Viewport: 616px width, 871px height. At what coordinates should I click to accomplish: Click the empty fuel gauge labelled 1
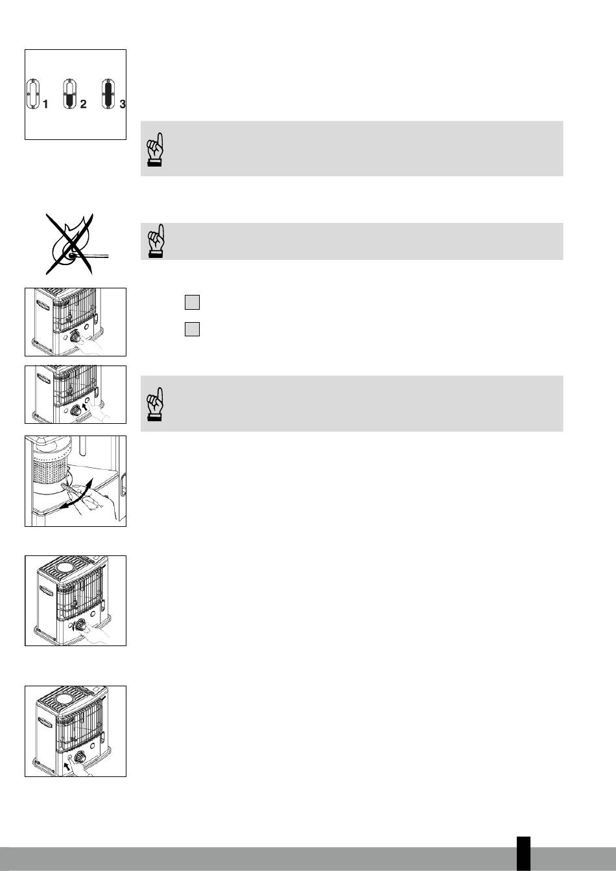tap(33, 94)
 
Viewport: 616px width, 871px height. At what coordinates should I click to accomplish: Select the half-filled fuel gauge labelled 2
tap(69, 94)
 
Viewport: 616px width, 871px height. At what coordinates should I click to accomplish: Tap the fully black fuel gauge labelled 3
tap(108, 94)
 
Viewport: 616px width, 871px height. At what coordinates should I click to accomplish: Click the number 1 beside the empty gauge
tap(45, 104)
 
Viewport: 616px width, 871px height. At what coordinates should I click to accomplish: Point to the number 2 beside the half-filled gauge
tap(83, 104)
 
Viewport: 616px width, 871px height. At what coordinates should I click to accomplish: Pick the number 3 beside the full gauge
tap(123, 104)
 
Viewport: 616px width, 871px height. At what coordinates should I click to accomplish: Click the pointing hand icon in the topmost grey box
tap(156, 150)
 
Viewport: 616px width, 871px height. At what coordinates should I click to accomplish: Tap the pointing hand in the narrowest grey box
tap(156, 240)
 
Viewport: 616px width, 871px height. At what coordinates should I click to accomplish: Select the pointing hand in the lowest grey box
tap(156, 404)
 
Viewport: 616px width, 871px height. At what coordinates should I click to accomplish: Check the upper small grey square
tap(192, 302)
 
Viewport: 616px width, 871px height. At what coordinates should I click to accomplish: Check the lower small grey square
tap(192, 329)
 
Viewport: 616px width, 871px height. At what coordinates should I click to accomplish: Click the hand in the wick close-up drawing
tap(98, 504)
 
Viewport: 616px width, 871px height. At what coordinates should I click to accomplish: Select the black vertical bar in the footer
tap(523, 854)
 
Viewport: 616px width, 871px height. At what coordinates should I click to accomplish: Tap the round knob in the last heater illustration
tap(80, 757)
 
